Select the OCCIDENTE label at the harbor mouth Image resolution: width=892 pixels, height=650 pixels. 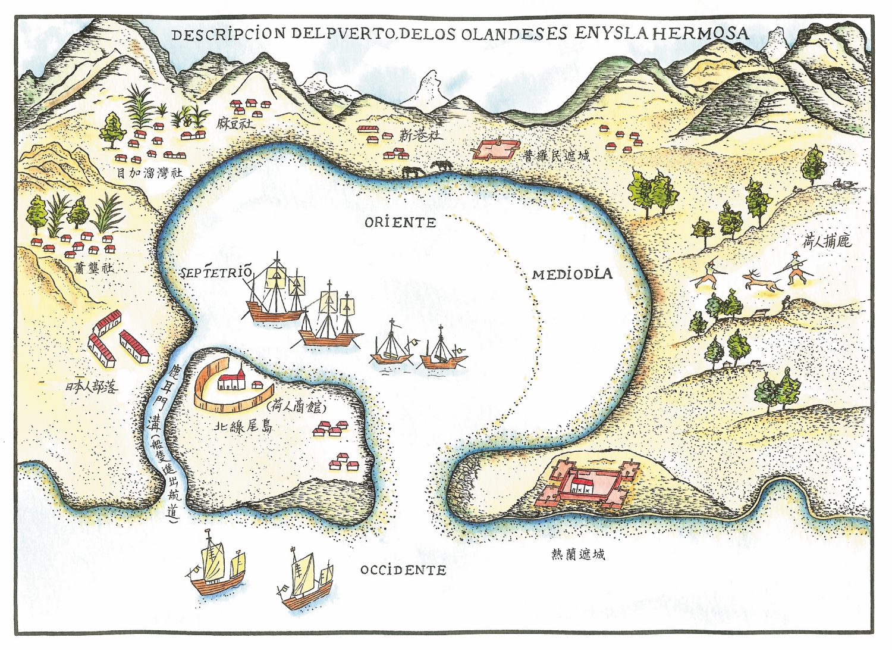click(403, 570)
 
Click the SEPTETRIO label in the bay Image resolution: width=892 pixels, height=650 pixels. click(216, 273)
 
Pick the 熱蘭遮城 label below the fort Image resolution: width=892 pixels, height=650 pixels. click(578, 555)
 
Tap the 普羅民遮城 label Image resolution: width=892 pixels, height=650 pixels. click(557, 156)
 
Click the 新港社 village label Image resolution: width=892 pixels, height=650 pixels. click(422, 135)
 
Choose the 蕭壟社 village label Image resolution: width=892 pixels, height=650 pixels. click(93, 268)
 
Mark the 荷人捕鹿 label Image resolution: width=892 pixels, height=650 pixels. click(827, 240)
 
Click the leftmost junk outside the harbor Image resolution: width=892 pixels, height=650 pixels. click(215, 565)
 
